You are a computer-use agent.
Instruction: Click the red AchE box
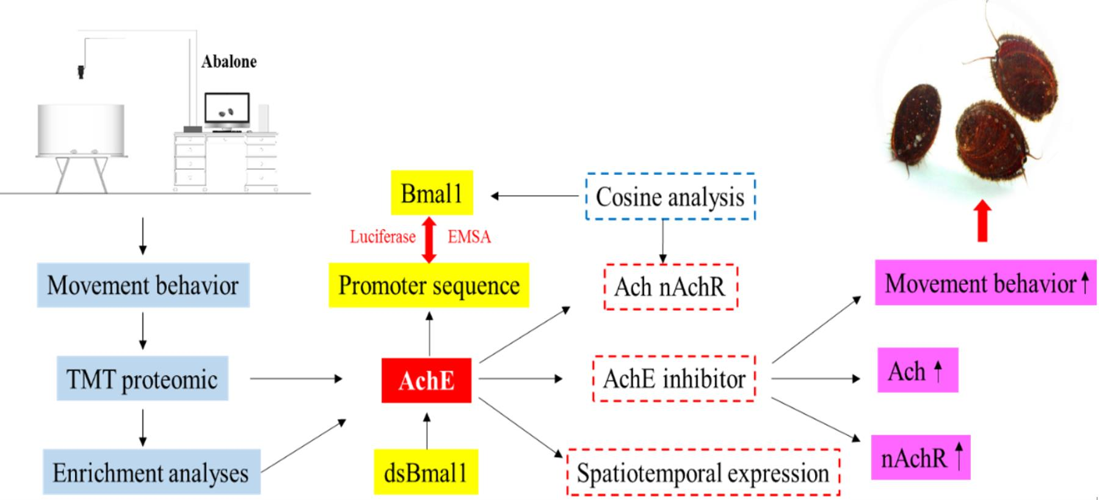click(426, 380)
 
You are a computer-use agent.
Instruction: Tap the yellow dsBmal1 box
click(426, 472)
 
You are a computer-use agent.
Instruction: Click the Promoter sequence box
click(429, 285)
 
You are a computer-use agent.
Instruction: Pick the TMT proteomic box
click(142, 379)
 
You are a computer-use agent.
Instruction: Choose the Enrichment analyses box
click(151, 472)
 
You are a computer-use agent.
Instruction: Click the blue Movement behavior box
click(143, 285)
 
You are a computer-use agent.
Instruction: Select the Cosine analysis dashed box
click(670, 196)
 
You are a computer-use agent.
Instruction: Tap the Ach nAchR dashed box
click(670, 287)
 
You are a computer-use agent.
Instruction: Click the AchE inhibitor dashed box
click(674, 378)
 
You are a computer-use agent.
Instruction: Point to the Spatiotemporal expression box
click(703, 472)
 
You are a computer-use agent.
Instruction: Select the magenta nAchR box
click(920, 457)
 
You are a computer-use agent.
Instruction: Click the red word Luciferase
click(383, 237)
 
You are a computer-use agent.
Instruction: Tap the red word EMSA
click(469, 237)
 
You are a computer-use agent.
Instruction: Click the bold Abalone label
click(229, 62)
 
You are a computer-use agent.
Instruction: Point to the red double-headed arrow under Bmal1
click(429, 239)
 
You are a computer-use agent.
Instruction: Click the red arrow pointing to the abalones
click(983, 221)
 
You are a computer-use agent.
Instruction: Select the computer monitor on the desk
click(227, 110)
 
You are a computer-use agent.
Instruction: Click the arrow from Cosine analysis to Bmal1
click(534, 196)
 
